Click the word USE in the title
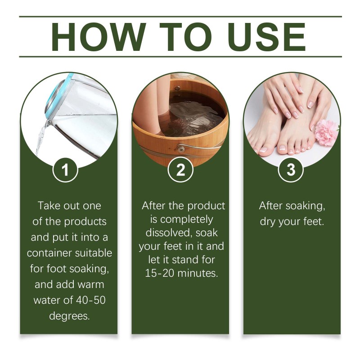tap(267, 37)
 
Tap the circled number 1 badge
tap(65, 170)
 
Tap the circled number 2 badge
tap(180, 170)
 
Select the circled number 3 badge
tap(291, 170)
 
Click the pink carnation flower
tap(326, 133)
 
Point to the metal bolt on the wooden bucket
tap(181, 149)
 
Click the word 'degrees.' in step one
tap(69, 316)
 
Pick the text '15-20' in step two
tap(160, 273)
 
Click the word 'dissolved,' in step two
tap(169, 233)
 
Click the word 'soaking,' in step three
tap(305, 206)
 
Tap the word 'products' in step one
tap(85, 222)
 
